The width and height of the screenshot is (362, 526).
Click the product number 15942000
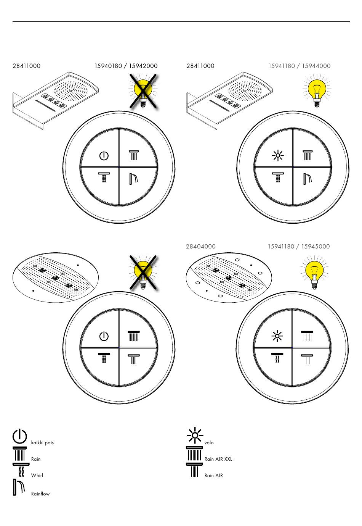[x=143, y=66]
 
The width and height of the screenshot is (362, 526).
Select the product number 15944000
[x=316, y=66]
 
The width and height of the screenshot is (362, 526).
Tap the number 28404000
[x=201, y=246]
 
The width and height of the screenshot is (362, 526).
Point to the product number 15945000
[x=316, y=246]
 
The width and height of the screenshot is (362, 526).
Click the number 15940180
[x=108, y=66]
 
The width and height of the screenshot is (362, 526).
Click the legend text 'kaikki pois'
[x=42, y=443]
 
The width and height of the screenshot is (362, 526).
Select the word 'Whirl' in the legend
[x=37, y=475]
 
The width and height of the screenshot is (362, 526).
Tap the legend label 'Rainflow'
[x=40, y=494]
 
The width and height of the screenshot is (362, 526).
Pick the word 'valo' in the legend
[x=209, y=443]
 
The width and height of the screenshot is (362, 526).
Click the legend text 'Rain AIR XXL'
[x=218, y=459]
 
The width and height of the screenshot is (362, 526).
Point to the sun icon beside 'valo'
[x=195, y=436]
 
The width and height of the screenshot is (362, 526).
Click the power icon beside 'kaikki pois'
[x=20, y=436]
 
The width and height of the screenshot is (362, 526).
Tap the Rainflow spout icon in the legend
[x=19, y=487]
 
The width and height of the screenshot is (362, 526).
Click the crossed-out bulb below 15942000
[x=143, y=91]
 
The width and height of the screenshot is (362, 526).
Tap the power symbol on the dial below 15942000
[x=104, y=156]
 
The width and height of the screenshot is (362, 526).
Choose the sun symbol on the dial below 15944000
[x=278, y=155]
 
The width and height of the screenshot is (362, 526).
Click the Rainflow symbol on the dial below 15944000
[x=308, y=179]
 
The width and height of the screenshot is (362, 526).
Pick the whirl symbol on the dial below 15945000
[x=277, y=358]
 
